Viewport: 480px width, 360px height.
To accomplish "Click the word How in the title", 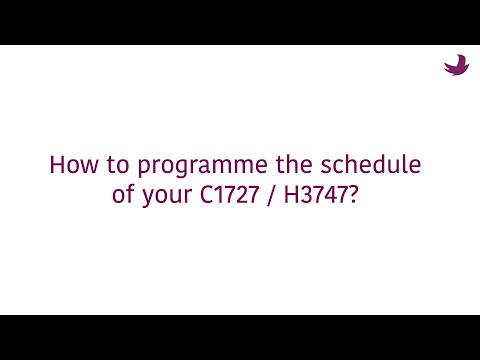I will point(70,165).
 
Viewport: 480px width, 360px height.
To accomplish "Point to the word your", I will point(160,194).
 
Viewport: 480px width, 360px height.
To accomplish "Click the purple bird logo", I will point(456,65).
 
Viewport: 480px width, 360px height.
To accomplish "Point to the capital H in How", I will point(56,165).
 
